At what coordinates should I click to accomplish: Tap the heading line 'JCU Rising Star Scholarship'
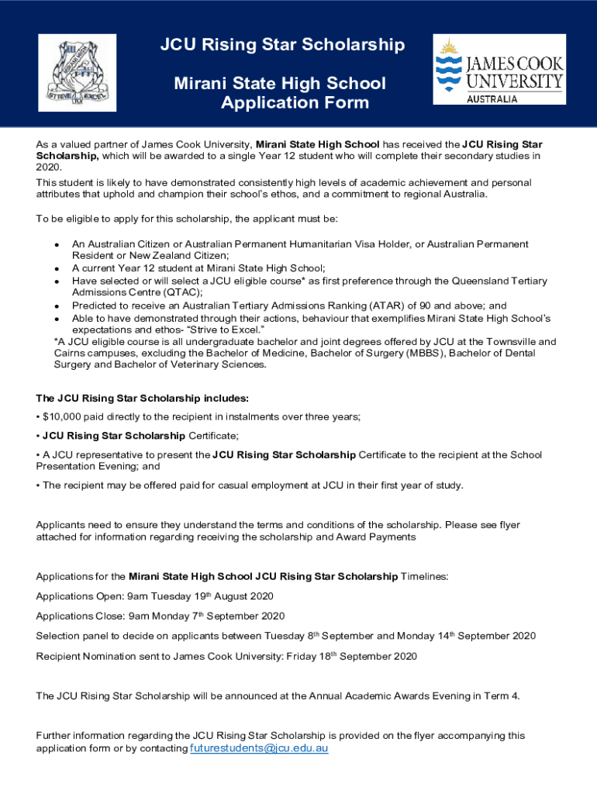(x=282, y=45)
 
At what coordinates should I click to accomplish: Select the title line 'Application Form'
(x=295, y=103)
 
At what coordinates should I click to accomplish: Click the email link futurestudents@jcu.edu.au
(x=259, y=748)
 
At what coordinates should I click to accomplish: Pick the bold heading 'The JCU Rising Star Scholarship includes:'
(x=143, y=398)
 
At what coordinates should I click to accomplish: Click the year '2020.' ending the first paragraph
(x=47, y=167)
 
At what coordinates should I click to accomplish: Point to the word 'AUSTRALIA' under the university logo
(x=491, y=99)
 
